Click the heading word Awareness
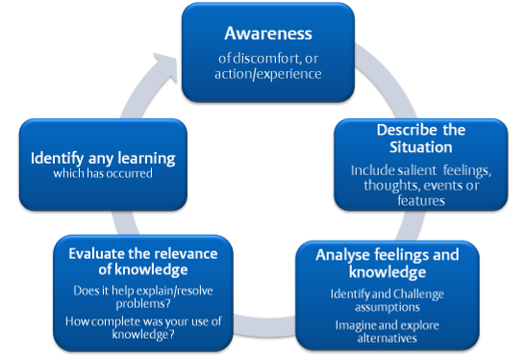[264, 34]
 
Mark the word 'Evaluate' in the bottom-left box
[97, 253]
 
